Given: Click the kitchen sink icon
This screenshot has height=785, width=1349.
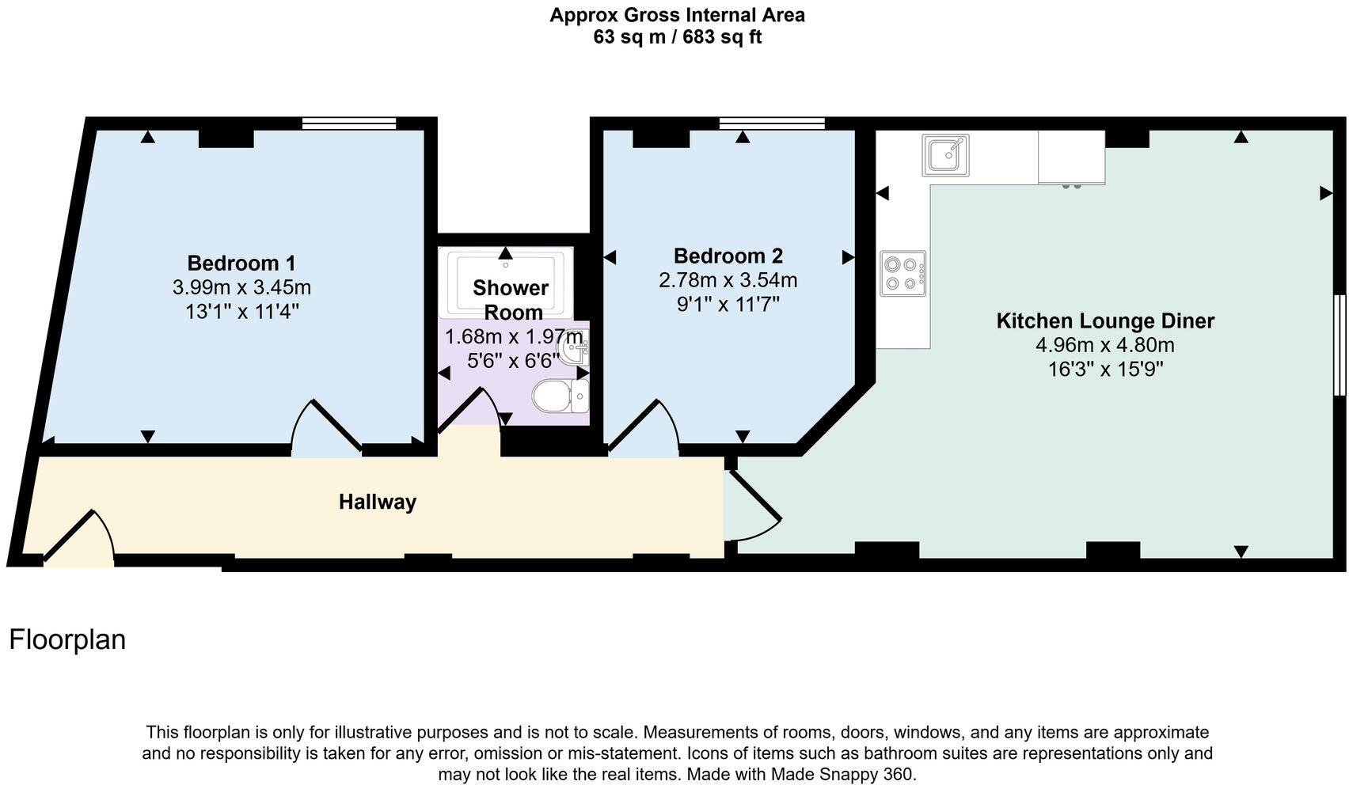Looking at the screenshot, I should (945, 154).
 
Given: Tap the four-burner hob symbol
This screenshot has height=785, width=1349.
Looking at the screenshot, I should (902, 273).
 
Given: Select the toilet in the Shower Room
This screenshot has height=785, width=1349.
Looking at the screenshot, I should (559, 396).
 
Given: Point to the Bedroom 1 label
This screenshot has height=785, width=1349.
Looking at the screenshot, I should (241, 263).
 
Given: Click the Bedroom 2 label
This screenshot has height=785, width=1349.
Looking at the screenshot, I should (728, 256).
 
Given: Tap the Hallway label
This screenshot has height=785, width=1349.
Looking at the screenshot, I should (377, 502).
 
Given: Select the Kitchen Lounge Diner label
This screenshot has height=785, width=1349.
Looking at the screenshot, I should (1104, 320).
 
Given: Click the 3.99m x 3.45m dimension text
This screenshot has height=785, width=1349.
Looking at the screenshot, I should (241, 287).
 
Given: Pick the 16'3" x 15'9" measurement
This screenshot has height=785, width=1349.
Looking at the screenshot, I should (1104, 370).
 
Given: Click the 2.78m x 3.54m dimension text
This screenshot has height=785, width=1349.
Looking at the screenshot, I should (728, 280).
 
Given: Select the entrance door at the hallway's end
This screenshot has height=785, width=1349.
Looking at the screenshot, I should (79, 538).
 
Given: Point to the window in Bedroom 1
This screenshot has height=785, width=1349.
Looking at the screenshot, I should (348, 123).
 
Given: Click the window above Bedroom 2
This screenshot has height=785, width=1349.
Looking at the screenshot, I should (771, 123).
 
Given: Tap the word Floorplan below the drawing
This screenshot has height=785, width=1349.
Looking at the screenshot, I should (67, 639).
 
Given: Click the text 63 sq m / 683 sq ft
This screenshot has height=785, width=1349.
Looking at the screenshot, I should (677, 36).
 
